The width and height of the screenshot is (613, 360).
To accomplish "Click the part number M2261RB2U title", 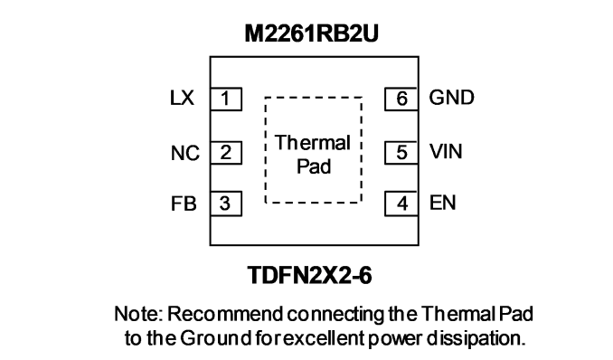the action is coord(312,33).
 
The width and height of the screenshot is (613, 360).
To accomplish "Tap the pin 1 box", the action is coord(226,99).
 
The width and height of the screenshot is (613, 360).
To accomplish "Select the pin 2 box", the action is coord(226,153).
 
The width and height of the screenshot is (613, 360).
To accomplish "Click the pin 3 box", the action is coord(226,204).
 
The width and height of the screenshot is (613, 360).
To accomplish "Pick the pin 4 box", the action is coord(401,204).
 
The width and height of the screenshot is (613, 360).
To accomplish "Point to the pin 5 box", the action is coord(401,153).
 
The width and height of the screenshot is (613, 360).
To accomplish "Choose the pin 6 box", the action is coord(401,99).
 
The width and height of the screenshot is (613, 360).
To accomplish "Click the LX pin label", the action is coord(182,98).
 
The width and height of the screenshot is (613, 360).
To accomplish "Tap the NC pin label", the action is coord(185,153).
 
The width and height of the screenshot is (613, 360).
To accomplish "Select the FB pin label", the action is coord(184,204).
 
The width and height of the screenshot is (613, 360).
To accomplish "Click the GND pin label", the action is coord(451,98).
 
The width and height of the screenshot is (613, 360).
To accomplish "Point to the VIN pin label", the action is coord(446,151).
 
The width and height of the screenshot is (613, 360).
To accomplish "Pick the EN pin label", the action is coord(442,203).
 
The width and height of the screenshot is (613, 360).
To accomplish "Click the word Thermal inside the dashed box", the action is coord(312,143).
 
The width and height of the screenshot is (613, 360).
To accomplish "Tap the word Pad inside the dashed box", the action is coord(314,166).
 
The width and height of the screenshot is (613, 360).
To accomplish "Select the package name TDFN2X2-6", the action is coord(309,275).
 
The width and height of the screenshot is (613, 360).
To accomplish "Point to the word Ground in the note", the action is coord(215,338).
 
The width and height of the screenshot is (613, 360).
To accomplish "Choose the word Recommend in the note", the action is coord(225,314).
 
